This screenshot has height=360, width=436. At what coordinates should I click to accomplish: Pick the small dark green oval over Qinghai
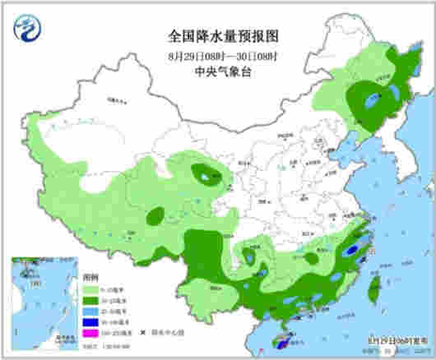(155, 216)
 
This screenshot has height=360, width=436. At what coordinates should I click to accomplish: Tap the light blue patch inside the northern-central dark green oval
(202, 173)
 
